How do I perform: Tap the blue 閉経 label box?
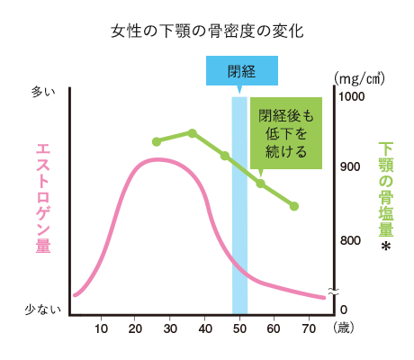[x=240, y=71]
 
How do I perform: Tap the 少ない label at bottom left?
[x=42, y=310]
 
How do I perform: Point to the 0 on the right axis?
[x=342, y=310]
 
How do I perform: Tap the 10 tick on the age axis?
[x=101, y=328]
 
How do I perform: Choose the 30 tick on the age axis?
[x=170, y=328]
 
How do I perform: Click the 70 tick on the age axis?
[x=309, y=328]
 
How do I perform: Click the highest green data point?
[x=192, y=133]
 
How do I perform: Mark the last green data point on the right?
[x=294, y=206]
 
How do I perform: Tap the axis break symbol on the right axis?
[x=333, y=292]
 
